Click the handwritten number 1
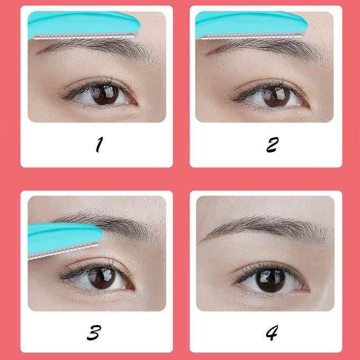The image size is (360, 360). click(x=97, y=144)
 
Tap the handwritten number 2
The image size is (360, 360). click(x=272, y=144)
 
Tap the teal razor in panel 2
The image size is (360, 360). click(x=249, y=24)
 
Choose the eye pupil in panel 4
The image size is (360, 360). click(x=271, y=279)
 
